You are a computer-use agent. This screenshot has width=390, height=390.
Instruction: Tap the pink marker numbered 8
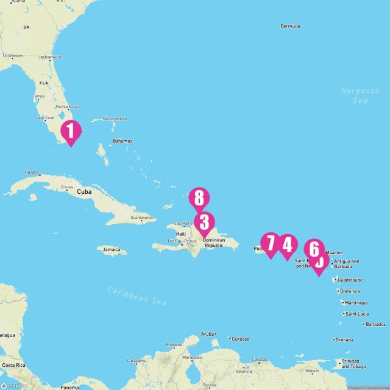[199, 199]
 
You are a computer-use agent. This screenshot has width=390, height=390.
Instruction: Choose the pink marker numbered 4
[287, 246]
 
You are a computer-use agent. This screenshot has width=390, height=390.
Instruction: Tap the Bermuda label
[290, 27]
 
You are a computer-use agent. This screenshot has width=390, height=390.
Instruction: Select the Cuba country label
[84, 191]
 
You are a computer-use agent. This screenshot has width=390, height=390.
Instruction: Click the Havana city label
[32, 172]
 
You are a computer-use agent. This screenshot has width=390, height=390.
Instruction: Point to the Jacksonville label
[50, 58]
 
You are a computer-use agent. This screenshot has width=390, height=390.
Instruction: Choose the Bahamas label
[122, 141]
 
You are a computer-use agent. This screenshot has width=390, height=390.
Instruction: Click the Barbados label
[373, 324]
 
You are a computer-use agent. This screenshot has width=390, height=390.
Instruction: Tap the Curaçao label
[242, 338]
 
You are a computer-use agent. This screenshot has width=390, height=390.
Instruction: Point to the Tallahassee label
[12, 55]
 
